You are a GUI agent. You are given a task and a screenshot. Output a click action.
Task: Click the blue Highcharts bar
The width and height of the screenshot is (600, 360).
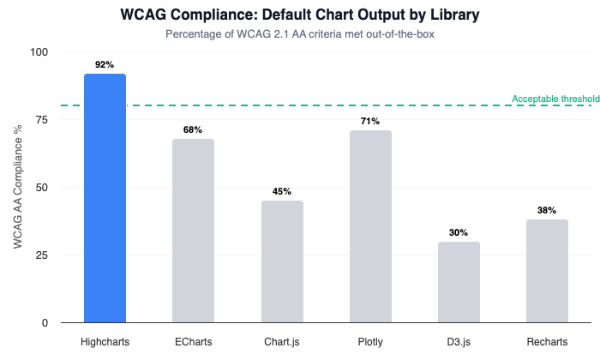[x=105, y=198]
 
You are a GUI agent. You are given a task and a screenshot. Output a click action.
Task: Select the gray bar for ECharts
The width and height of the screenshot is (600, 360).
[x=193, y=231]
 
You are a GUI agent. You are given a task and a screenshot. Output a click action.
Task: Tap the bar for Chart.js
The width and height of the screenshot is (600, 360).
[x=282, y=261]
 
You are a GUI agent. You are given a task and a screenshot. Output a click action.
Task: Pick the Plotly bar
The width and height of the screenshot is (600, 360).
[x=370, y=226]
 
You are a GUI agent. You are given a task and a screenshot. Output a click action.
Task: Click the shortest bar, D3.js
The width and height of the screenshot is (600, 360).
[x=459, y=282]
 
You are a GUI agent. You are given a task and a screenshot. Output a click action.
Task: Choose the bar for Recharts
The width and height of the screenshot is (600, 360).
[x=547, y=271]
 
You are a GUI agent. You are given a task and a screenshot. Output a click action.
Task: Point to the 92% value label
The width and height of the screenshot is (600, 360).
[x=105, y=64]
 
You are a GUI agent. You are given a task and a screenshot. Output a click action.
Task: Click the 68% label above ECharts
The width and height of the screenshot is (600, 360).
[x=193, y=129]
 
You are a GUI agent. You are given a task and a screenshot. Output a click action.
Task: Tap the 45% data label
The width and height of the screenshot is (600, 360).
[x=282, y=191]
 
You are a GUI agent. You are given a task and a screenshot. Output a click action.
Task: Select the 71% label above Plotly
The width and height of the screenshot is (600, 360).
[x=370, y=121]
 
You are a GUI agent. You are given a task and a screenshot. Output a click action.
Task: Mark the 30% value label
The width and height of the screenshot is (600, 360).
[x=459, y=232]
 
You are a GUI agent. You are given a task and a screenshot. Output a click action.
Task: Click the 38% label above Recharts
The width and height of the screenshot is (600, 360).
[x=547, y=210]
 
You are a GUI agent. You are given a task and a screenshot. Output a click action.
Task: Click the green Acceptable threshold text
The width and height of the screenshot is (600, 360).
[x=555, y=99]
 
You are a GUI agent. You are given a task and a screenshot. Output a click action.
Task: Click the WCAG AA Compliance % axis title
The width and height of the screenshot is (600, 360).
[x=18, y=187]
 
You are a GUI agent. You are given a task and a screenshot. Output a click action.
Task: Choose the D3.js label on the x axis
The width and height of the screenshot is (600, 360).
[x=459, y=341]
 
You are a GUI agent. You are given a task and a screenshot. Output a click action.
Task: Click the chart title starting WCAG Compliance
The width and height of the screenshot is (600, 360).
[x=300, y=16]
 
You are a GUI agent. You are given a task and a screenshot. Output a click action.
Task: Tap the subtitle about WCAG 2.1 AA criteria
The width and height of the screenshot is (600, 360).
[x=300, y=35]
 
